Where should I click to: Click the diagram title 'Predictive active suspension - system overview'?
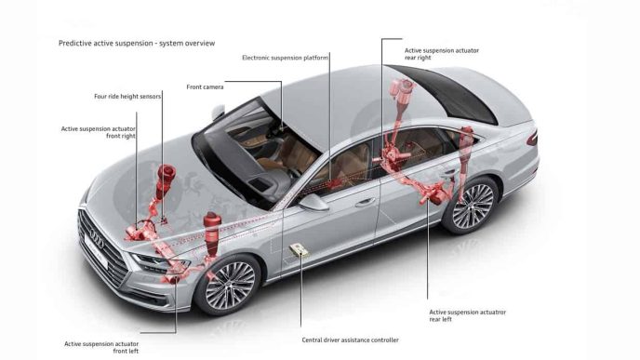click(137, 44)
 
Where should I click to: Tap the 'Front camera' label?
click(205, 87)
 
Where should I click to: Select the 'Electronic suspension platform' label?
click(285, 58)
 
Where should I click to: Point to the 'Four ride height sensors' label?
click(127, 97)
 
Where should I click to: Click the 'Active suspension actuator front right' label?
click(99, 132)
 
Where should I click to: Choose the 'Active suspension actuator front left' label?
click(101, 347)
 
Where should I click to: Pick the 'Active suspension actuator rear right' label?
click(442, 54)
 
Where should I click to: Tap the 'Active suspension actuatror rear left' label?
click(467, 315)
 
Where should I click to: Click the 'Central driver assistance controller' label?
click(350, 340)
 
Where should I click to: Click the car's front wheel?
click(229, 286)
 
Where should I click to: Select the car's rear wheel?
click(472, 206)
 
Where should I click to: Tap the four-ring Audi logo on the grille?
click(97, 238)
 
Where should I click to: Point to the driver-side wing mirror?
click(313, 203)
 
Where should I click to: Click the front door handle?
click(366, 202)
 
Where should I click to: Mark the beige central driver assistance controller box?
click(299, 250)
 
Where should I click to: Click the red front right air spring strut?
click(164, 181)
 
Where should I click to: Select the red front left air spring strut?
click(212, 233)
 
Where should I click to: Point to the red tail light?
click(532, 139)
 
